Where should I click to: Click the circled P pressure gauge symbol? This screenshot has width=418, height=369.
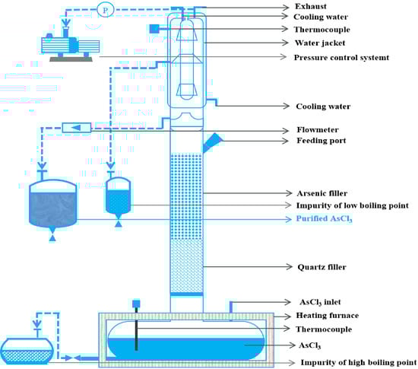(x=106, y=10)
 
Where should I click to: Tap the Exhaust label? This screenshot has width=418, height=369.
(x=311, y=6)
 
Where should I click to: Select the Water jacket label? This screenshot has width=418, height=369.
(x=320, y=43)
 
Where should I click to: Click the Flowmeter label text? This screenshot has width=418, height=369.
(x=318, y=129)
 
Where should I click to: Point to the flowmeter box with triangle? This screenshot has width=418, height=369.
(x=77, y=128)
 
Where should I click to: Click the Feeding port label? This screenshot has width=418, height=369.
(x=321, y=140)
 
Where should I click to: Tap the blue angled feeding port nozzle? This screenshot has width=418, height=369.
(x=213, y=142)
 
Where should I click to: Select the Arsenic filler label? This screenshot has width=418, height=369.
(x=321, y=193)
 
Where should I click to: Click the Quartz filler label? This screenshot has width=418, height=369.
(x=321, y=267)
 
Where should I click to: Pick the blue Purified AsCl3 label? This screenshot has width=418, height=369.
(x=325, y=219)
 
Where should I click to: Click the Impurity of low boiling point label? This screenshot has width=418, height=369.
(x=352, y=205)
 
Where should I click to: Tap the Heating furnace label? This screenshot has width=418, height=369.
(x=328, y=316)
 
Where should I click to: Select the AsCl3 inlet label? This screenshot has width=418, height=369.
(x=320, y=302)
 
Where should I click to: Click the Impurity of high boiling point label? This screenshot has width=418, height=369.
(x=358, y=362)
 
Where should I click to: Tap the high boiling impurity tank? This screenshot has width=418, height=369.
(x=27, y=352)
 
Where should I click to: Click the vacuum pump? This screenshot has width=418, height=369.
(x=71, y=46)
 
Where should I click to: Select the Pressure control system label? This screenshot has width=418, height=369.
(x=341, y=57)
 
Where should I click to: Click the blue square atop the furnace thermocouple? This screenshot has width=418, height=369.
(x=136, y=304)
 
